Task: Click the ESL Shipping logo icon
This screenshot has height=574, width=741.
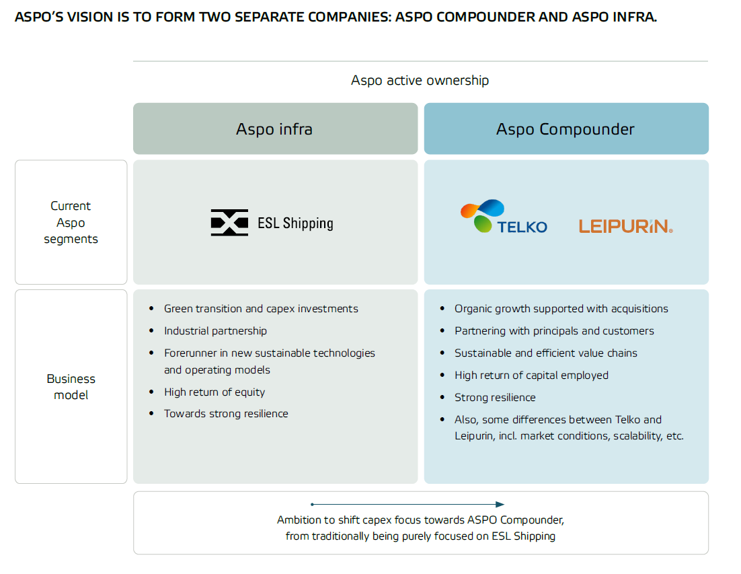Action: pyautogui.click(x=229, y=222)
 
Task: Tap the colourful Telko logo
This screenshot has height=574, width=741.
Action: pyautogui.click(x=504, y=217)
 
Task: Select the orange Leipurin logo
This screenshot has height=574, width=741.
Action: pyautogui.click(x=626, y=226)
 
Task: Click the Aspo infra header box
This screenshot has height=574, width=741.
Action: pyautogui.click(x=276, y=129)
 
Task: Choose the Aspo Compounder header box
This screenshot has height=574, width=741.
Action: pyautogui.click(x=566, y=129)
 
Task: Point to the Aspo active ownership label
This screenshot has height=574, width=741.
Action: pyautogui.click(x=420, y=80)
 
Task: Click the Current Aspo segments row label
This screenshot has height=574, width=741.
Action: pyautogui.click(x=71, y=222)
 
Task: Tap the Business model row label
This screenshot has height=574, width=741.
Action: pyautogui.click(x=71, y=387)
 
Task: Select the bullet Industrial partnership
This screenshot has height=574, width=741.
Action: pyautogui.click(x=215, y=331)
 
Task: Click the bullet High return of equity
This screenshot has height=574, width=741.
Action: pyautogui.click(x=214, y=392)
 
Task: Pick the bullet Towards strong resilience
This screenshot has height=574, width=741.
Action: pyautogui.click(x=226, y=414)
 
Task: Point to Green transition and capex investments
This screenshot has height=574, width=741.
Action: pyautogui.click(x=261, y=309)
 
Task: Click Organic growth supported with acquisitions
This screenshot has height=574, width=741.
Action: pyautogui.click(x=561, y=309)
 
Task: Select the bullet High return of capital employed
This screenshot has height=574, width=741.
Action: pyautogui.click(x=532, y=375)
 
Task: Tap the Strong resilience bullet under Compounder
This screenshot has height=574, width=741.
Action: pyautogui.click(x=496, y=398)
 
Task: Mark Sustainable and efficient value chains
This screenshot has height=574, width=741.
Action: pyautogui.click(x=546, y=353)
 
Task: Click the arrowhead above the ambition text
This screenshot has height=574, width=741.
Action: pyautogui.click(x=500, y=505)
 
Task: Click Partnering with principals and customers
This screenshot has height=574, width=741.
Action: pyautogui.click(x=554, y=331)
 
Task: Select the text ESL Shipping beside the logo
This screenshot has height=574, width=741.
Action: pyautogui.click(x=295, y=223)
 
